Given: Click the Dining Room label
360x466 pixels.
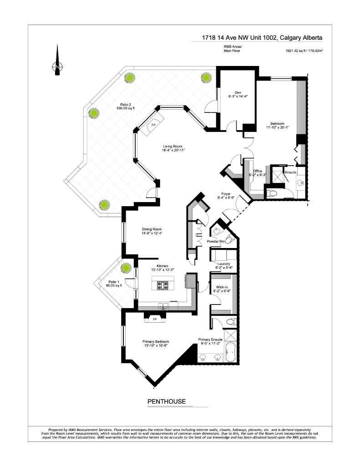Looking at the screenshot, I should (x=152, y=231).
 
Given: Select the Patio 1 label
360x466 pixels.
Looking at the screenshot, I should (x=111, y=283).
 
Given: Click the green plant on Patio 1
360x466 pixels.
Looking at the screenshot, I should (x=126, y=267).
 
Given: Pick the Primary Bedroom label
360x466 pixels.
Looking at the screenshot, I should (x=156, y=344).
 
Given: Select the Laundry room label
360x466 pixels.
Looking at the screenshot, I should (x=223, y=265).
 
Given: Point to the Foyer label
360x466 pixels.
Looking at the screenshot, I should (x=228, y=195).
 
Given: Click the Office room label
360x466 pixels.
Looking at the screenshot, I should (x=258, y=172).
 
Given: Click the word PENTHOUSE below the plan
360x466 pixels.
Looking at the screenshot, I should (x=166, y=401).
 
